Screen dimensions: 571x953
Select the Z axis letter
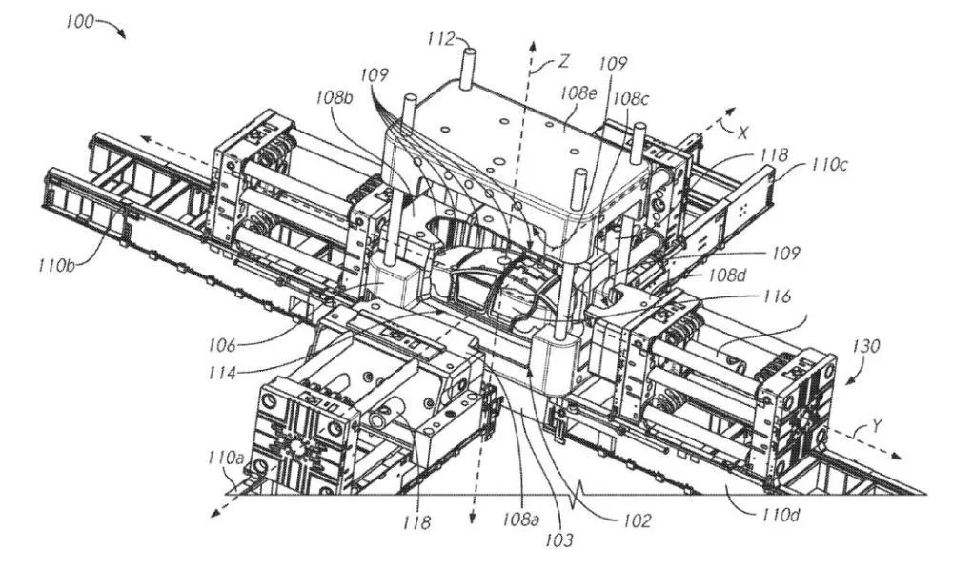564,63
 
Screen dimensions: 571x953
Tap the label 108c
631,98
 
